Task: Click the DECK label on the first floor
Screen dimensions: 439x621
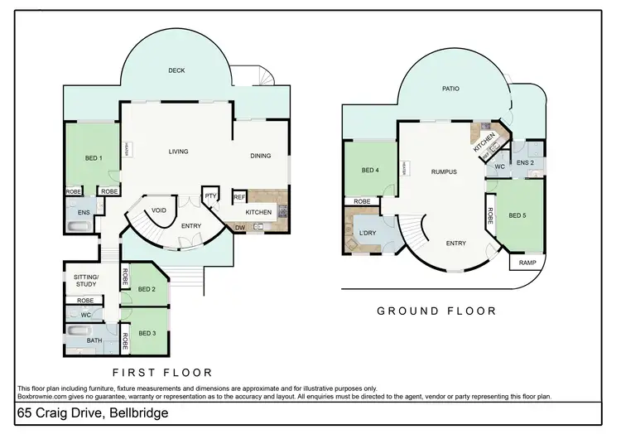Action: (176, 71)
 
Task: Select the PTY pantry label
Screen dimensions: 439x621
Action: (210, 195)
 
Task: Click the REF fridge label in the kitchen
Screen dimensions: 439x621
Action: (238, 196)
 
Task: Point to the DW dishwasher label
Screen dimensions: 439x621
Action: (240, 228)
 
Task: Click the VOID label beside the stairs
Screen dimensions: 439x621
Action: (159, 210)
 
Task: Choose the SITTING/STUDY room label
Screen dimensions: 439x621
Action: (87, 281)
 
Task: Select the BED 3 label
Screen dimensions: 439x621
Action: (147, 333)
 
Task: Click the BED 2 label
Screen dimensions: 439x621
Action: (147, 289)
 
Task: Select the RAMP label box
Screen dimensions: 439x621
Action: (527, 263)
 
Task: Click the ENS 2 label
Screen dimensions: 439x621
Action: (525, 162)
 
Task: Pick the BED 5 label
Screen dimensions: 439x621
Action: (517, 215)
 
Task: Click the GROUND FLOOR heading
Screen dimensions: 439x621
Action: (436, 311)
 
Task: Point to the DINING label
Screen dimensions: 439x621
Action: (261, 156)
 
